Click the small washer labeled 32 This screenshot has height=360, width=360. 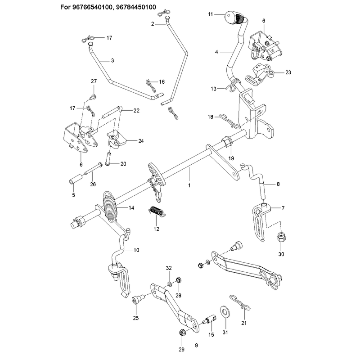tap(170, 284)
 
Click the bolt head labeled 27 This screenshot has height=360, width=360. tap(93, 97)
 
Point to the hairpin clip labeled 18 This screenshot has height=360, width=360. tap(230, 121)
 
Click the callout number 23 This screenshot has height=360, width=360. tap(288, 72)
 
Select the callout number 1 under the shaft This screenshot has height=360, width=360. tap(189, 185)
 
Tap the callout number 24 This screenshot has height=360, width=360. tap(141, 141)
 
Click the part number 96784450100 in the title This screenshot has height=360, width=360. tap(136, 7)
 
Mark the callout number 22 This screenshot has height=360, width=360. tap(136, 111)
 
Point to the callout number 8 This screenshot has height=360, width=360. tap(278, 184)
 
